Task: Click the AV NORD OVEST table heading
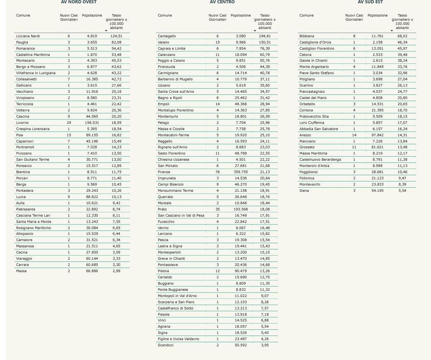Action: coord(79,2)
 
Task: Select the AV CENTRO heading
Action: coord(222,2)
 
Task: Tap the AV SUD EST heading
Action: coord(370,2)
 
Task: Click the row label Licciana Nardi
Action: coord(28,36)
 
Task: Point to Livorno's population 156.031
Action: coord(92,123)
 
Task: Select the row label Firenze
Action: coord(164,172)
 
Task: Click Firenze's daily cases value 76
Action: coord(218,172)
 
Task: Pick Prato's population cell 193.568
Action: coord(241,209)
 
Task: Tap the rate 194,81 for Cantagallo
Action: coord(265,36)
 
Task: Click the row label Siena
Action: coord(304,191)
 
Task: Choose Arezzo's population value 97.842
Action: coord(378,135)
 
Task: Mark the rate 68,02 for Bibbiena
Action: coord(402,36)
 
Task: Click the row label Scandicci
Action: coord(165,345)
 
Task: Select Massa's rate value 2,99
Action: coord(116,271)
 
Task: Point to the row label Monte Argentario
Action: coord(314,67)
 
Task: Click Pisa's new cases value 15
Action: coord(69,135)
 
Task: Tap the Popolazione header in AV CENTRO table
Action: coord(241,15)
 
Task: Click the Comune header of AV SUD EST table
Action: coord(306,15)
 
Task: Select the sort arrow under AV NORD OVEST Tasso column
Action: coord(106,31)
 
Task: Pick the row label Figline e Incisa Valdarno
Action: coord(178,339)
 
